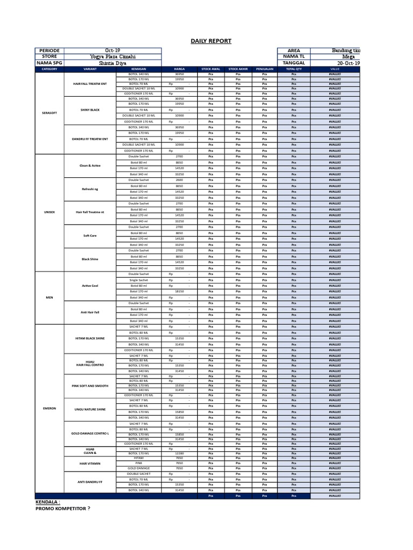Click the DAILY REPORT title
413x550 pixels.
pyautogui.click(x=211, y=41)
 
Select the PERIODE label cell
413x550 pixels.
pyautogui.click(x=49, y=50)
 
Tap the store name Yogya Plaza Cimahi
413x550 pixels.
pyautogui.click(x=113, y=56)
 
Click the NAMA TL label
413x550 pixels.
pyautogui.click(x=294, y=56)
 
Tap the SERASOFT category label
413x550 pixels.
pyautogui.click(x=49, y=113)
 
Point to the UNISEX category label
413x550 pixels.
pyautogui.click(x=49, y=212)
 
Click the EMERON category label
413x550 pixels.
pyautogui.click(x=49, y=408)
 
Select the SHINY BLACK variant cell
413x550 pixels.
pyautogui.click(x=90, y=110)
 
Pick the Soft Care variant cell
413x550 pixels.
pyautogui.click(x=90, y=236)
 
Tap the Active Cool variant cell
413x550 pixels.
pyautogui.click(x=90, y=286)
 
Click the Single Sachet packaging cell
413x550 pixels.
pyautogui.click(x=139, y=280)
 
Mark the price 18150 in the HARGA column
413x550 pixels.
pyautogui.click(x=180, y=292)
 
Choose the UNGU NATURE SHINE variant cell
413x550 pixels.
pyautogui.click(x=90, y=409)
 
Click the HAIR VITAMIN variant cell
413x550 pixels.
pyautogui.click(x=90, y=463)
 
